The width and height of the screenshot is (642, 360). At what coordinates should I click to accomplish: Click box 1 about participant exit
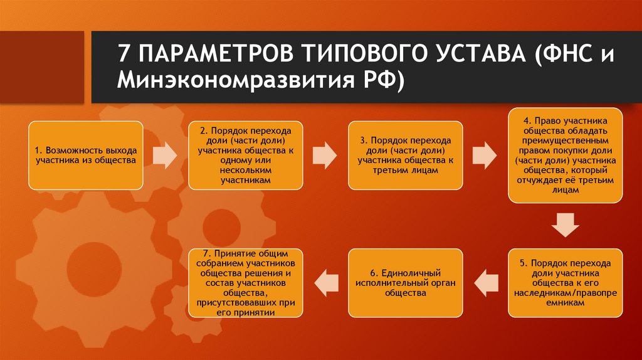pos(86,155)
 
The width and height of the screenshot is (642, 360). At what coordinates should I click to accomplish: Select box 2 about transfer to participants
pos(245,155)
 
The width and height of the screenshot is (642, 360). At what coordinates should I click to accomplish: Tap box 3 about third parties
pos(406,155)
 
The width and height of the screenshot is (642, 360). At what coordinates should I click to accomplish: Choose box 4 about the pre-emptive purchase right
pos(566,155)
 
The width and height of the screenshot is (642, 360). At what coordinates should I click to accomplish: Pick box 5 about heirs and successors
pos(566,282)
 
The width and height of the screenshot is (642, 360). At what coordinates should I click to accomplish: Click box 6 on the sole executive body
pos(406,282)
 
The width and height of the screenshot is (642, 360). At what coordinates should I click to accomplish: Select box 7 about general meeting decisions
pos(245,282)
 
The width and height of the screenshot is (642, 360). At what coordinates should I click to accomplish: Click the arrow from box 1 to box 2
pos(166,154)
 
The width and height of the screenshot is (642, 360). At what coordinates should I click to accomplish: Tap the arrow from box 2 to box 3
pos(325,154)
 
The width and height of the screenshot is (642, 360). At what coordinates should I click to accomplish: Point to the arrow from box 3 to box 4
pos(485,154)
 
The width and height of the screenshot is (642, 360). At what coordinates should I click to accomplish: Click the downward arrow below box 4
pos(566,224)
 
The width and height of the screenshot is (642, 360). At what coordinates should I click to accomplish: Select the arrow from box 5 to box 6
pos(485,282)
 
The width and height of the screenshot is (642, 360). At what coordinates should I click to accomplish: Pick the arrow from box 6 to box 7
pos(325,282)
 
